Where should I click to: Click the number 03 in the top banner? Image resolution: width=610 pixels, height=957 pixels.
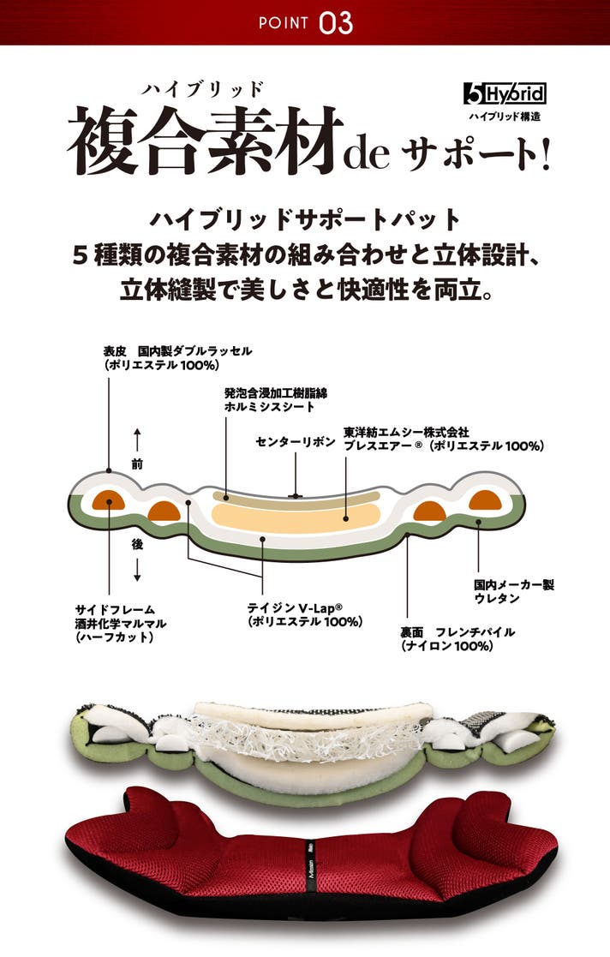335,23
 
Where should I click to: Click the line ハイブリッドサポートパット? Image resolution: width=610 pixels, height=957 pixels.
305,220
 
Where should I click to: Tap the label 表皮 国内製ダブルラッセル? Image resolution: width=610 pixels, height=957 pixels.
177,351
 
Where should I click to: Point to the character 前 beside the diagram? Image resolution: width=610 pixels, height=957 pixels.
137,464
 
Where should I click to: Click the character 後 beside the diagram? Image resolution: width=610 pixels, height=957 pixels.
137,544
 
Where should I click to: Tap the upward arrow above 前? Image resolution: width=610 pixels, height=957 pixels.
137,440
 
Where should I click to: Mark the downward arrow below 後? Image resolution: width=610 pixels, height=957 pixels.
137,570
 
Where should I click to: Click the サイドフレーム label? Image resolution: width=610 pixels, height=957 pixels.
115,609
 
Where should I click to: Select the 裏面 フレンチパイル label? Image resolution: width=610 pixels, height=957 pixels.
457,631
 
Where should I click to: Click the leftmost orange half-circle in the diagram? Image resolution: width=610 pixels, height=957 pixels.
109,501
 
